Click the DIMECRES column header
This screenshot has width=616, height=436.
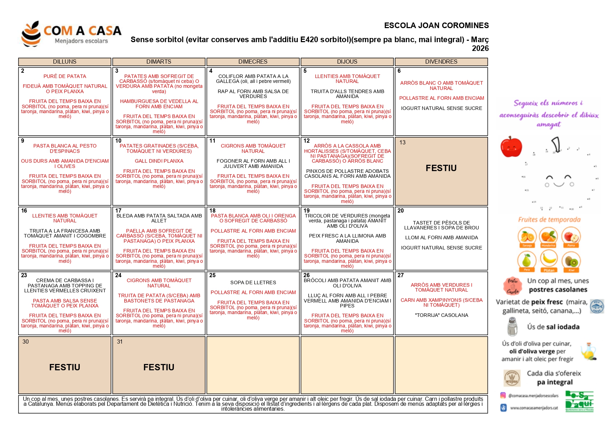253,62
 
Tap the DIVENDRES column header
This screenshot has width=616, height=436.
441,62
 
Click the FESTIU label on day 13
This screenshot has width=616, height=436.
441,168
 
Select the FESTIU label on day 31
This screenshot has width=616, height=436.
159,367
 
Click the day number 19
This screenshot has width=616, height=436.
307,211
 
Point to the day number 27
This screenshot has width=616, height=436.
401,275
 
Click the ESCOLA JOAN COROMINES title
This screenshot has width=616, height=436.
436,26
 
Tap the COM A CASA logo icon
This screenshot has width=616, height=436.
31,34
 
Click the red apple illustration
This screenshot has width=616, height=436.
511,147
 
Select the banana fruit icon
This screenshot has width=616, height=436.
549,260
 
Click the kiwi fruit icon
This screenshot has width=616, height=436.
571,261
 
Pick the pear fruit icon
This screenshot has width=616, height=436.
526,260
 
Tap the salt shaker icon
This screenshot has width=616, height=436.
512,326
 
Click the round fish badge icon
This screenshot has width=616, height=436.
597,306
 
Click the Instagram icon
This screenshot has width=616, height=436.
503,395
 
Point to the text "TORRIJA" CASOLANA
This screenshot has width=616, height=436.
441,315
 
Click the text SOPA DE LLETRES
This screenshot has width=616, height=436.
253,282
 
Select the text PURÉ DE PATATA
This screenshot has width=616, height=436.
65,76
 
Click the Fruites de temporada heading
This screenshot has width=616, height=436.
549,220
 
